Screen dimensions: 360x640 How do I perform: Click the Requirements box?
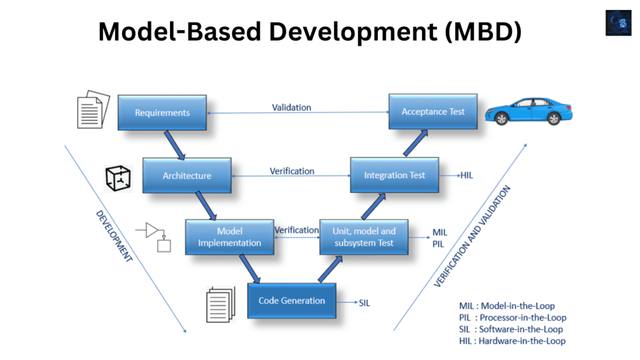coord(162,112)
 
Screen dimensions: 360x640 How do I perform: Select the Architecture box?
coord(187,176)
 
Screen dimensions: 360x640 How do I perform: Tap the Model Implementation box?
coord(229,237)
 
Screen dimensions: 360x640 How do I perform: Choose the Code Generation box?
coord(292,301)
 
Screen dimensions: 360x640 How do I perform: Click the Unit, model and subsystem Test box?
coord(364,237)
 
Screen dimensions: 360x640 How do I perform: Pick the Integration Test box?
coord(394,175)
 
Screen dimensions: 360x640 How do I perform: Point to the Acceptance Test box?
coord(432,111)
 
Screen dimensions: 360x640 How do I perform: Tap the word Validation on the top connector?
coord(291,107)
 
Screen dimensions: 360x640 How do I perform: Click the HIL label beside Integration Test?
coord(466,176)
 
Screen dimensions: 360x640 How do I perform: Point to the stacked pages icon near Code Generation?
coord(220,304)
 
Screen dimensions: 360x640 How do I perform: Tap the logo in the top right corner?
coord(618,22)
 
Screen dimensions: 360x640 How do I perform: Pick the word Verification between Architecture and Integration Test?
coord(292,171)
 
